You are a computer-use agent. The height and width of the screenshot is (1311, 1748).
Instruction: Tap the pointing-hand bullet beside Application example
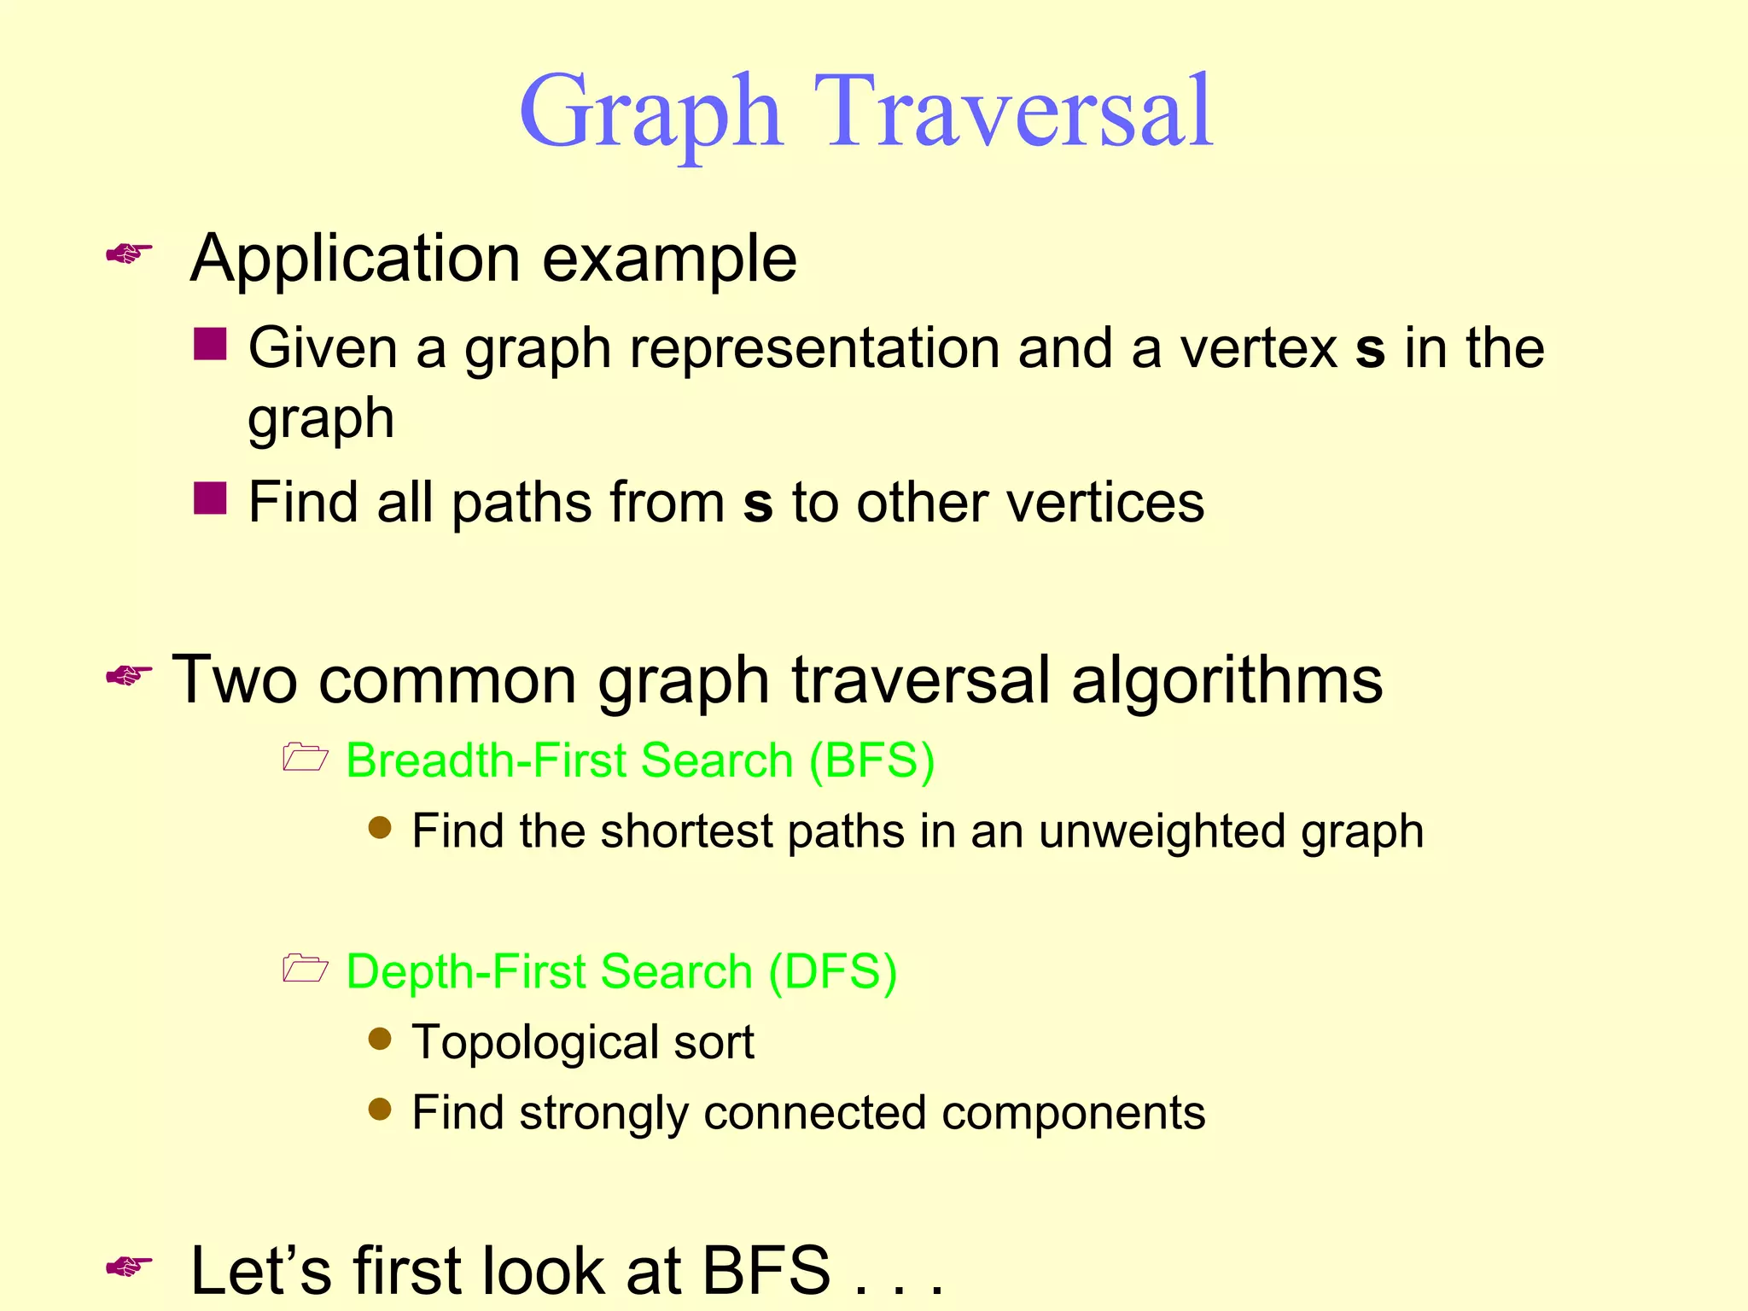coord(129,253)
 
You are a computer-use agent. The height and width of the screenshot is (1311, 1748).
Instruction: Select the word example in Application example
coord(669,259)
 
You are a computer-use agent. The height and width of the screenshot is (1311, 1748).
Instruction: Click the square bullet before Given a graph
coord(210,344)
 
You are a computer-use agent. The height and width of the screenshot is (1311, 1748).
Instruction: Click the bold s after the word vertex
coord(1369,350)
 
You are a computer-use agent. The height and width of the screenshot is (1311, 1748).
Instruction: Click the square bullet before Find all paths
coord(210,498)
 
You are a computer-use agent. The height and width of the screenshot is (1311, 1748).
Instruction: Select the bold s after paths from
coord(758,504)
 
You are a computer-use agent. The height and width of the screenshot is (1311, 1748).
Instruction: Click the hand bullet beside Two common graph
coord(129,676)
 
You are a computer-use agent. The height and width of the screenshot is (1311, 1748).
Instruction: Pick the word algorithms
coord(1227,680)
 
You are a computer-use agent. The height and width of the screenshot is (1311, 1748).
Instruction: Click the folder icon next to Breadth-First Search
coord(305,757)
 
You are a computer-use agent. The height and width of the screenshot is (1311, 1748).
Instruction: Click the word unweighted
coord(1162,830)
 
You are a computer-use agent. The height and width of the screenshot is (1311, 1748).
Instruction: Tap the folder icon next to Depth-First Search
coord(305,968)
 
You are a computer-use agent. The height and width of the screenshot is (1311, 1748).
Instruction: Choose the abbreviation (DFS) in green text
coord(832,971)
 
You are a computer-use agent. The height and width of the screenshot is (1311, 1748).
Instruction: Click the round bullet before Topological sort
coord(380,1039)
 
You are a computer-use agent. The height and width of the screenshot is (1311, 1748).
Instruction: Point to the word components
coord(1073,1113)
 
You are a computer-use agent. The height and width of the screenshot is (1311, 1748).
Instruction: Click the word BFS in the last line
coord(766,1270)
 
